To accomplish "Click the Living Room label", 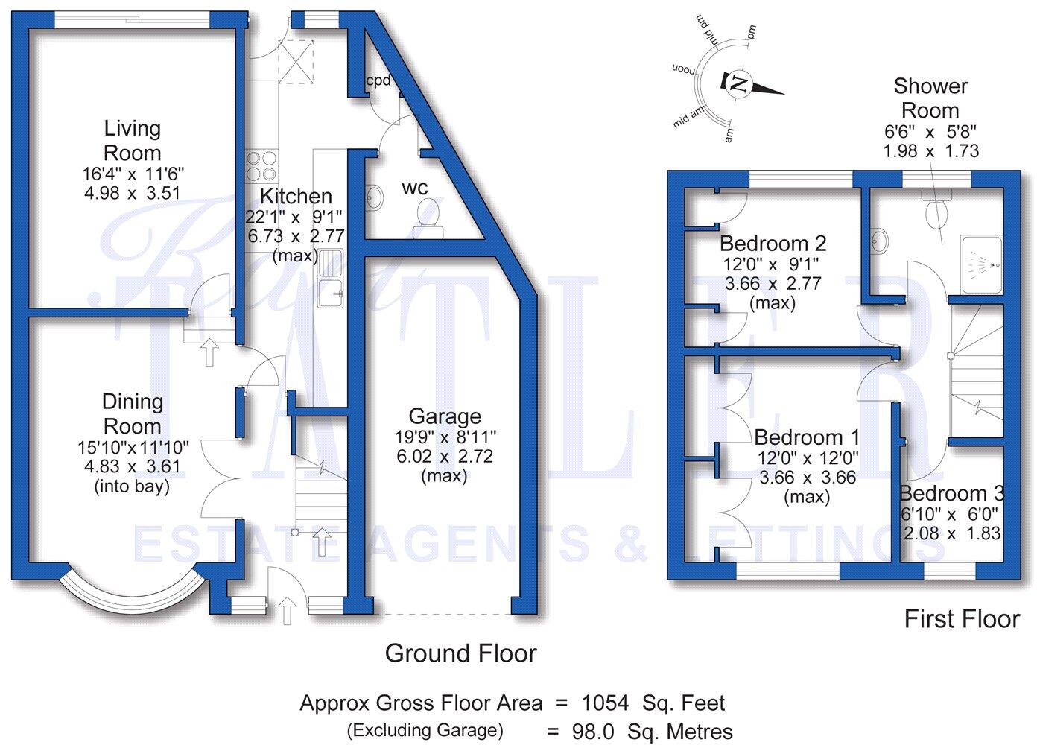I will pos(132,140).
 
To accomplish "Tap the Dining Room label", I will pos(132,413).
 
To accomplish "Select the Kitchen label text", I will pos(296,196).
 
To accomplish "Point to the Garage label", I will pos(445,416).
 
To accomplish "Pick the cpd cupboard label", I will pos(378,80).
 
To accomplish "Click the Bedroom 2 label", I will pos(773,244).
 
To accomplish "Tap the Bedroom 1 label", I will pos(807,437).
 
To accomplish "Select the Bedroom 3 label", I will pos(951,493).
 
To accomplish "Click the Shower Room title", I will pos(930,98).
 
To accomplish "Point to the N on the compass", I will pos(738,83).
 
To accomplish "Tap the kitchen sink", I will pos(329,279).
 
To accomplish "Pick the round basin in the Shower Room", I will pos(880,241).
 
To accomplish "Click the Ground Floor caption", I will pos(460,653).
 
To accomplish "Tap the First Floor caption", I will pos(961,618).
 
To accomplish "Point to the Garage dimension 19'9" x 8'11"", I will pos(445,437).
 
